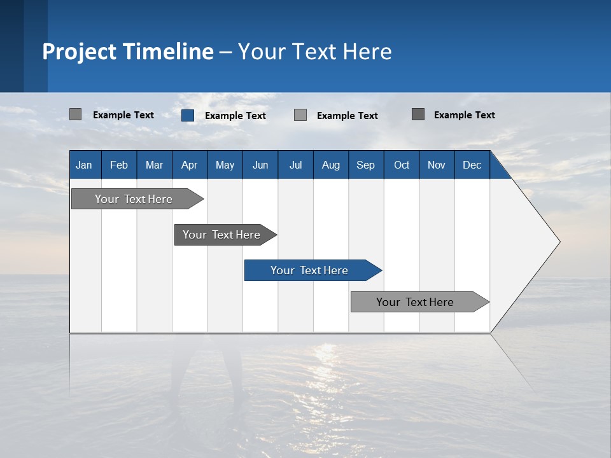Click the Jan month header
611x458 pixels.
[x=84, y=165]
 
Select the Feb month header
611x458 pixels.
[x=119, y=165]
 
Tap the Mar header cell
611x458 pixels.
[x=154, y=165]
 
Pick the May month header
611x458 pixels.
[x=225, y=165]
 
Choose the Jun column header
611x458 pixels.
[x=260, y=165]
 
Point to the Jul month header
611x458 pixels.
[x=295, y=165]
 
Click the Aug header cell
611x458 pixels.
[x=331, y=165]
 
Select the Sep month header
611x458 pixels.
[x=365, y=165]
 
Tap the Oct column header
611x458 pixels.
[x=402, y=165]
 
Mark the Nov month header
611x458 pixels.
[x=437, y=165]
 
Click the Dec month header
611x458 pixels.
[x=472, y=165]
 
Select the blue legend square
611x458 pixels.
[x=188, y=115]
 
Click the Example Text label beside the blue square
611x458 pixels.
[x=235, y=116]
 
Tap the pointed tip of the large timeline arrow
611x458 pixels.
[x=558, y=242]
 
